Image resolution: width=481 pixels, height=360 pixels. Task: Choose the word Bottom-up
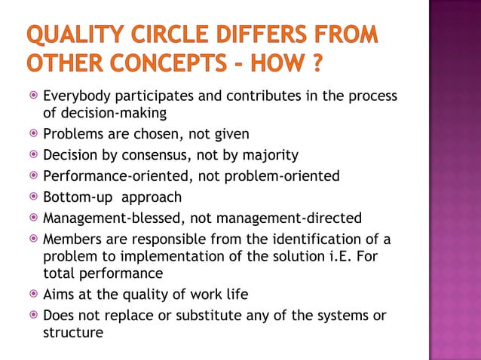pos(74,197)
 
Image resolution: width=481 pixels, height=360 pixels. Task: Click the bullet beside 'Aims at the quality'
pos(32,294)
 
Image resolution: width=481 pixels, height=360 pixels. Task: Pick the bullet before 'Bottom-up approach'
pos(32,197)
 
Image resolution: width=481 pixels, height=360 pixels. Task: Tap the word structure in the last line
pos(73,331)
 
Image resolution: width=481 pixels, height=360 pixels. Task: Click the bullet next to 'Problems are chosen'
pos(32,134)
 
